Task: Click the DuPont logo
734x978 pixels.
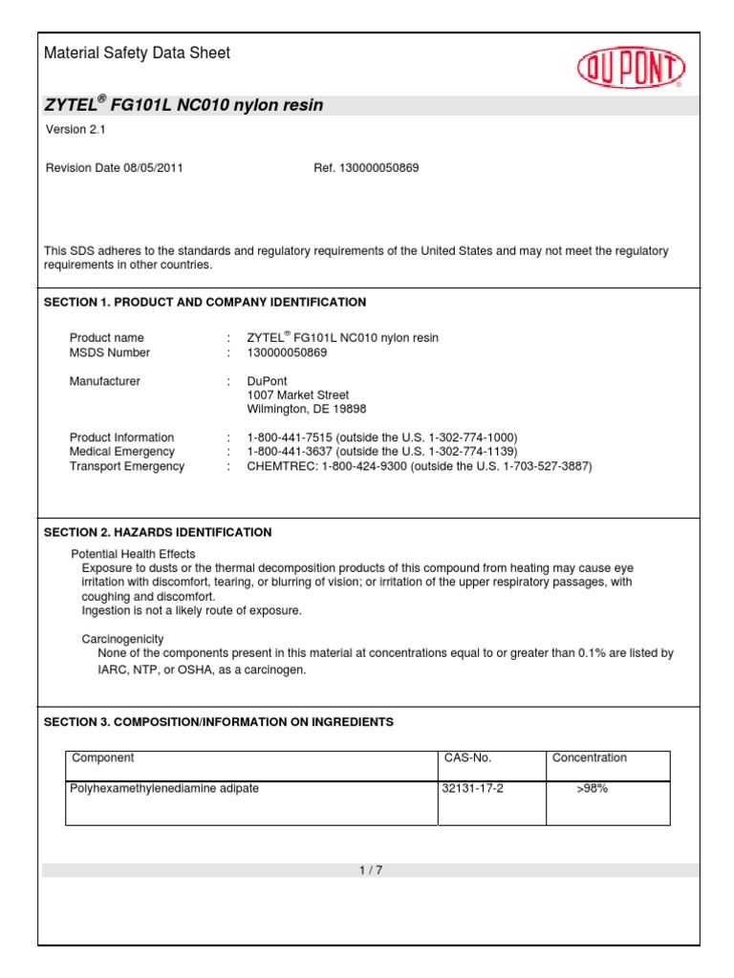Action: [x=631, y=69]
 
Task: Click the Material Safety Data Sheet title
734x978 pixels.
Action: [x=137, y=53]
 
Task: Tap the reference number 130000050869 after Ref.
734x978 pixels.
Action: [x=382, y=168]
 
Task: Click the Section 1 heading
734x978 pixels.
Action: [x=205, y=302]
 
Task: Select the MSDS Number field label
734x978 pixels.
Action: [x=110, y=352]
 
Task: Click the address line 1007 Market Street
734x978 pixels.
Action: [x=297, y=394]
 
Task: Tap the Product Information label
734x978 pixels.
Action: [x=121, y=437]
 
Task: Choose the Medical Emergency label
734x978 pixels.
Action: [x=121, y=452]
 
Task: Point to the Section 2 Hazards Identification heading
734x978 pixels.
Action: [x=158, y=532]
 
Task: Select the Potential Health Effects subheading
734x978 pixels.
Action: [x=133, y=554]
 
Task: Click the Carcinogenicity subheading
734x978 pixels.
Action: [x=122, y=638]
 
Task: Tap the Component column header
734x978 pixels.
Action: [x=103, y=758]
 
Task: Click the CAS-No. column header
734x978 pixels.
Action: [x=467, y=758]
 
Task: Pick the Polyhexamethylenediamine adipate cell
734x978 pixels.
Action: [x=164, y=789]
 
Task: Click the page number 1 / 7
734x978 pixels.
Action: [x=371, y=870]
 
